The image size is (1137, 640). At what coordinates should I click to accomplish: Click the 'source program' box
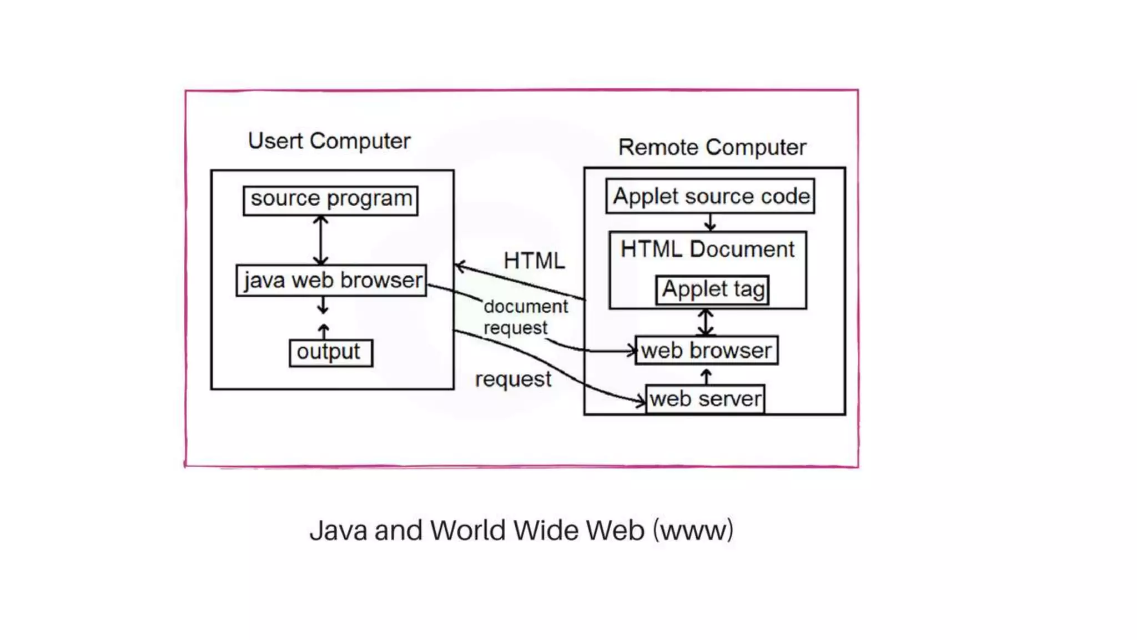pos(331,200)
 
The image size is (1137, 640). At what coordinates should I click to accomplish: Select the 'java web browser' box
pos(331,281)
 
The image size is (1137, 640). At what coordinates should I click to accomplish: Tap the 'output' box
pos(331,353)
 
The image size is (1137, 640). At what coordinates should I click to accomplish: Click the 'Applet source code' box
pos(710,196)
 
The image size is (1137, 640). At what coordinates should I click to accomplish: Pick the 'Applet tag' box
pos(713,289)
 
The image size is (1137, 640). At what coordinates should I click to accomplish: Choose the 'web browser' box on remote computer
pos(706,351)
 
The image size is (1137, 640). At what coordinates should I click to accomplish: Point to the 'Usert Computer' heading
pos(329,141)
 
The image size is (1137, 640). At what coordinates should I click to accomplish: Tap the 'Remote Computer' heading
pos(712,147)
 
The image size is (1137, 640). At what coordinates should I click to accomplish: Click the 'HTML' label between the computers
pos(534,261)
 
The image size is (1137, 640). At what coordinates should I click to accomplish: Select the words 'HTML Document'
pos(707,249)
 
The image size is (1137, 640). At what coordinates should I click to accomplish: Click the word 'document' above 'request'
pos(525,306)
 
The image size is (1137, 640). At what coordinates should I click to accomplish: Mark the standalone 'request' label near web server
pos(512,379)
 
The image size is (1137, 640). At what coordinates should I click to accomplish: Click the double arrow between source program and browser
pos(320,240)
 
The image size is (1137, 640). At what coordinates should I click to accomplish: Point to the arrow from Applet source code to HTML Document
pos(710,223)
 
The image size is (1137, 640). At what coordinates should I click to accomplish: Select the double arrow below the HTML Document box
pos(706,322)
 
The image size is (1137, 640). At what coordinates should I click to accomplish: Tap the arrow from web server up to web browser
pos(706,376)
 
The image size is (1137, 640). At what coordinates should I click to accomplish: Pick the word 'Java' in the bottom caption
pos(338,530)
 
